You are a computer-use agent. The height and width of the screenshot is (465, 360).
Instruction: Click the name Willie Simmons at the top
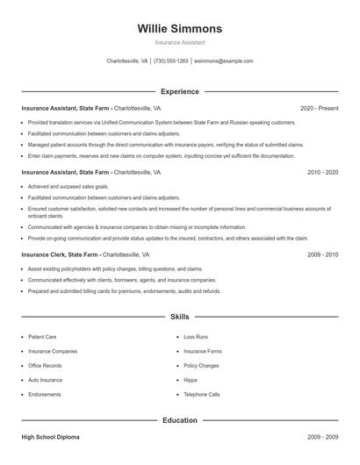point(179,28)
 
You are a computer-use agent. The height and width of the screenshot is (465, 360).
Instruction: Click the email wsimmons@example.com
point(223,61)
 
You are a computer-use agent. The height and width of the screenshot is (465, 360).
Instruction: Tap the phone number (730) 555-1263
point(170,61)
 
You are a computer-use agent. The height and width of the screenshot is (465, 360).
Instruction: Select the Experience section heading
point(179,91)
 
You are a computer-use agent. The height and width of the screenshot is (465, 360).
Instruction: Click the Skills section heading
point(179,316)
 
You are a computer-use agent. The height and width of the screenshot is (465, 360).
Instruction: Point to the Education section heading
point(179,420)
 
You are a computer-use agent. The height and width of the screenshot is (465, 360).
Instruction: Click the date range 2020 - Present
point(319,108)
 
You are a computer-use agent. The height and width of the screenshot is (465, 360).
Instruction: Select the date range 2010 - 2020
point(322,173)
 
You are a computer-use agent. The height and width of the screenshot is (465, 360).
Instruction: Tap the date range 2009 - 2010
point(322,254)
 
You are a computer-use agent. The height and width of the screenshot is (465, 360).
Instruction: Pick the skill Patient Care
point(42,336)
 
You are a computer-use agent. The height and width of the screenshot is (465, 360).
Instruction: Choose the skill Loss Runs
point(196,336)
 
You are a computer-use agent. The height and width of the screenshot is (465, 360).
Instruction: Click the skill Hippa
point(190,380)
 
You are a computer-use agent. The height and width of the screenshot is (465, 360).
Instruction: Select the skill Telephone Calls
point(202,395)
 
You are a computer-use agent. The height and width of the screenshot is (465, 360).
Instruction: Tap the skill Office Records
point(45,365)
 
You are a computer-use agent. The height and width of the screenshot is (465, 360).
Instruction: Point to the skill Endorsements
point(45,395)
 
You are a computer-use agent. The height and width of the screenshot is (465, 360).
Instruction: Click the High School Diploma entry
point(52,436)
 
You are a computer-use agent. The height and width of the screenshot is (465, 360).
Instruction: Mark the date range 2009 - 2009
point(322,436)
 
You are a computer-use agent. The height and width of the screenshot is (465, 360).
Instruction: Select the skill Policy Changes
point(201,365)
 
